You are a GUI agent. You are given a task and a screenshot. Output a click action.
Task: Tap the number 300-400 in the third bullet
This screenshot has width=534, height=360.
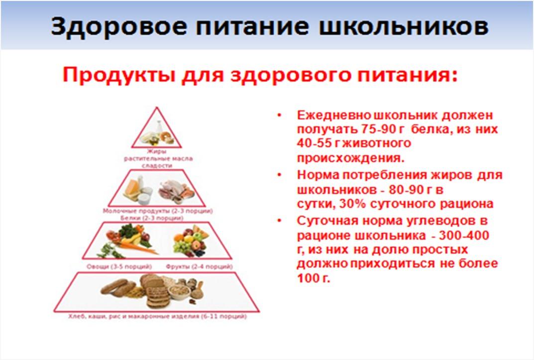[x=464, y=236]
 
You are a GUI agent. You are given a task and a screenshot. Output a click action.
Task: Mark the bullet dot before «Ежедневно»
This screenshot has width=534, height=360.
[x=280, y=116]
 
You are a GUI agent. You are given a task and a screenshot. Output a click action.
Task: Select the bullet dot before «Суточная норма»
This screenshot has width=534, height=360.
[x=280, y=221]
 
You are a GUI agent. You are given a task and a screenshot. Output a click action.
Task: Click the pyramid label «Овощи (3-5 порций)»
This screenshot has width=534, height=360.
[x=119, y=266]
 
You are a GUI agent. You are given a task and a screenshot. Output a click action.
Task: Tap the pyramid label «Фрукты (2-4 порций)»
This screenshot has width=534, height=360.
[x=199, y=266]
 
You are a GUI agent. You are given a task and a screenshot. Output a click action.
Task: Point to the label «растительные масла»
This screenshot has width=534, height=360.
[x=158, y=159]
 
